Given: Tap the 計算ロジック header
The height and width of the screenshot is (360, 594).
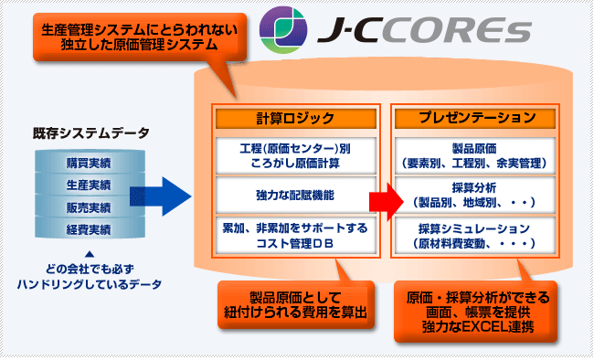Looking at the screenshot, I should pos(295,118).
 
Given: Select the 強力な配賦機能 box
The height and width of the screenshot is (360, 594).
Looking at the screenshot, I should pos(295,195).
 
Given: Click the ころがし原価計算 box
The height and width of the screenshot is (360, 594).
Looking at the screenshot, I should pos(295,154).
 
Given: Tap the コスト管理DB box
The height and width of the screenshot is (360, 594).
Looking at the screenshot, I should pos(295,235).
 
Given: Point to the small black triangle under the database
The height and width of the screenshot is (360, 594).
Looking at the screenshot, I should pos(90,255).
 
